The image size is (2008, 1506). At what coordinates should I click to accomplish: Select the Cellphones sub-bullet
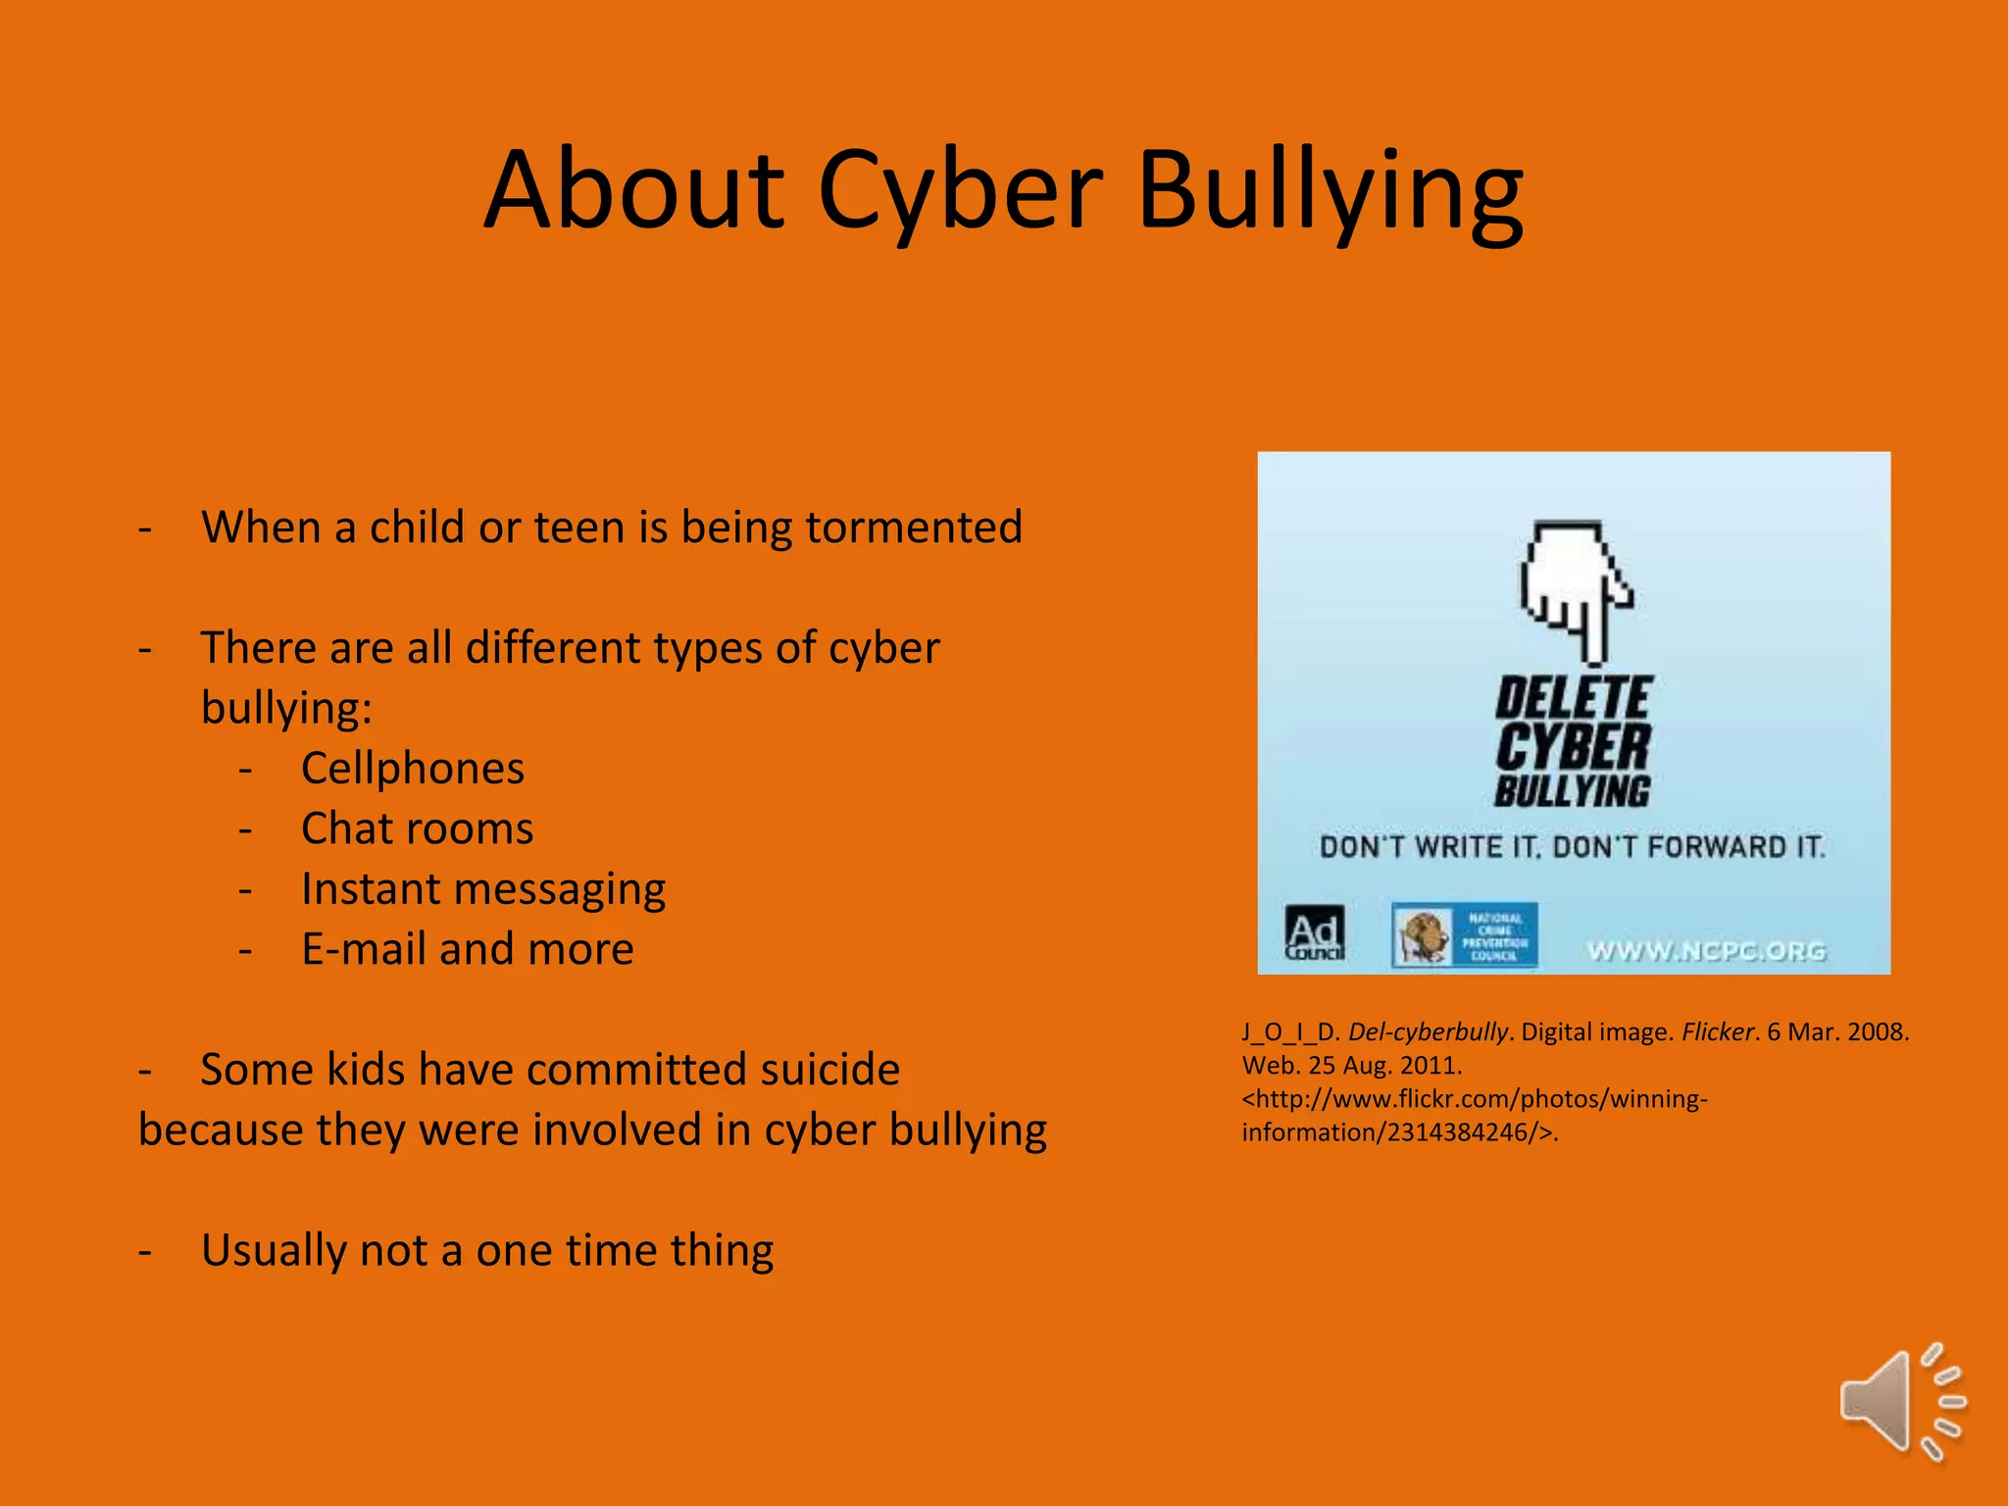coord(412,769)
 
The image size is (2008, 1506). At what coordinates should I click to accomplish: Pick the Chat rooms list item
coord(417,829)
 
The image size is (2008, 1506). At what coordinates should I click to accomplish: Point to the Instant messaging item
coord(482,889)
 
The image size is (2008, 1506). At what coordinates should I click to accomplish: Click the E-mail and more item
coord(467,949)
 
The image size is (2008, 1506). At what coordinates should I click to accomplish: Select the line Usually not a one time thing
coord(486,1250)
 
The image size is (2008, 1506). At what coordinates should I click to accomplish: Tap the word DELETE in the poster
coord(1574,699)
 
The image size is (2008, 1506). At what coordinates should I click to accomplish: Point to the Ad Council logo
coord(1314,933)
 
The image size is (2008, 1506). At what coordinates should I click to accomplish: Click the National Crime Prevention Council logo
coord(1464,935)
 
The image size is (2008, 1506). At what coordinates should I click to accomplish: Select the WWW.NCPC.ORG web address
coord(1706,951)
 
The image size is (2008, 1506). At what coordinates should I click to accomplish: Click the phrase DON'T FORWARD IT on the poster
coord(1688,847)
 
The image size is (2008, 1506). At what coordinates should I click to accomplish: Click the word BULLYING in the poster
coord(1573,790)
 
